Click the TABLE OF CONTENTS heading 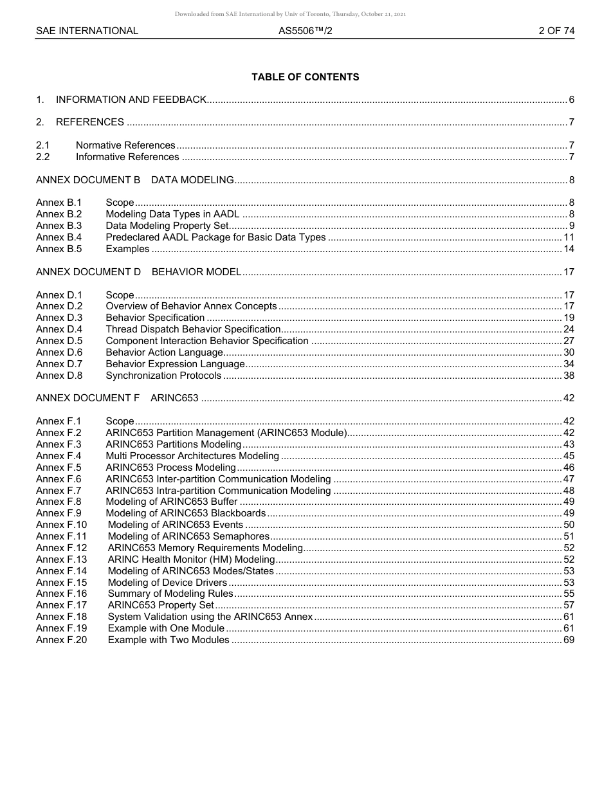(x=305, y=77)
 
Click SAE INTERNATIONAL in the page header (x=87, y=31)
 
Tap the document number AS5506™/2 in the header (x=305, y=31)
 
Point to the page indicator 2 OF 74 (x=556, y=31)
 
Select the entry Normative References (x=125, y=145)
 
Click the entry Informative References (x=127, y=157)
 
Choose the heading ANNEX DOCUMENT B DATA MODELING (x=135, y=180)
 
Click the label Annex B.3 (x=59, y=226)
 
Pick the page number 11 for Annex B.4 (x=569, y=237)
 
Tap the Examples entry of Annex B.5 (x=127, y=249)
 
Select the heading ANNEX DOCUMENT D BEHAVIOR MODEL (x=139, y=272)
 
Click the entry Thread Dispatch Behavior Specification (x=193, y=329)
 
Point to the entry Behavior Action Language (x=164, y=352)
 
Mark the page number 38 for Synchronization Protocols (x=569, y=376)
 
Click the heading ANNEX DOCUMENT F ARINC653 (x=117, y=398)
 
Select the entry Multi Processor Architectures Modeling (x=192, y=456)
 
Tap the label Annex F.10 (x=62, y=525)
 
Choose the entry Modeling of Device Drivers (x=167, y=583)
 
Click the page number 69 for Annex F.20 (x=569, y=640)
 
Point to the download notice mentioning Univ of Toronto (x=290, y=14)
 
